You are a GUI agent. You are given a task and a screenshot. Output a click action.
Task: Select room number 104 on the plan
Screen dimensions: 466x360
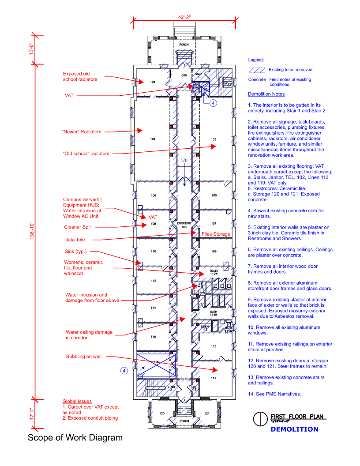coord(153,139)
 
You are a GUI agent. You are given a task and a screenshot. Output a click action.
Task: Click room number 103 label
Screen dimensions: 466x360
coord(214,139)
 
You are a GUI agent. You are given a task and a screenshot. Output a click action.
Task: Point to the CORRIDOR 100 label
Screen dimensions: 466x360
coord(184,225)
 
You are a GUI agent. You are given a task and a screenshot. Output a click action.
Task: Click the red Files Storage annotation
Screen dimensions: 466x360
coord(216,234)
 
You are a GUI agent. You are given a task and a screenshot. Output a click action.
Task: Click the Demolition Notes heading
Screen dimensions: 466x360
coord(266,94)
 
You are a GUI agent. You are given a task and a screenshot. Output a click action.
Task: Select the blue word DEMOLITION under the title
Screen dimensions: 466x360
coord(294,429)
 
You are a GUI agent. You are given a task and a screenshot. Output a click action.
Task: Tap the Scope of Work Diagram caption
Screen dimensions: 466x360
coord(75,438)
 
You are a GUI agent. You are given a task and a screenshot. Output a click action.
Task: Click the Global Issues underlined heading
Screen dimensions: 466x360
coord(77,401)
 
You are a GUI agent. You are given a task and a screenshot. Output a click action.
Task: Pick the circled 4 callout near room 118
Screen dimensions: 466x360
coord(124,371)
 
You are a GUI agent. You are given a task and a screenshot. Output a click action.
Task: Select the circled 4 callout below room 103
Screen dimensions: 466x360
coord(213,103)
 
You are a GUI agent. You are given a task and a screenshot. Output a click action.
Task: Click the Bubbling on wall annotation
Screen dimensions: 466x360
coord(84,357)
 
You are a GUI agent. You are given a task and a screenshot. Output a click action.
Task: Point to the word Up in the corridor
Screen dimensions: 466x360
coord(184,160)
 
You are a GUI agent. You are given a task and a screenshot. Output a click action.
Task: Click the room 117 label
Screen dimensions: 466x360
coord(214,378)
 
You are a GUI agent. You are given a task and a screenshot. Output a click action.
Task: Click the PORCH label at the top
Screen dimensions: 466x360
coord(184,45)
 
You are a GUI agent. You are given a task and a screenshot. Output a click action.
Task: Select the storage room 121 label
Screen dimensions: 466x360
coord(207,413)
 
